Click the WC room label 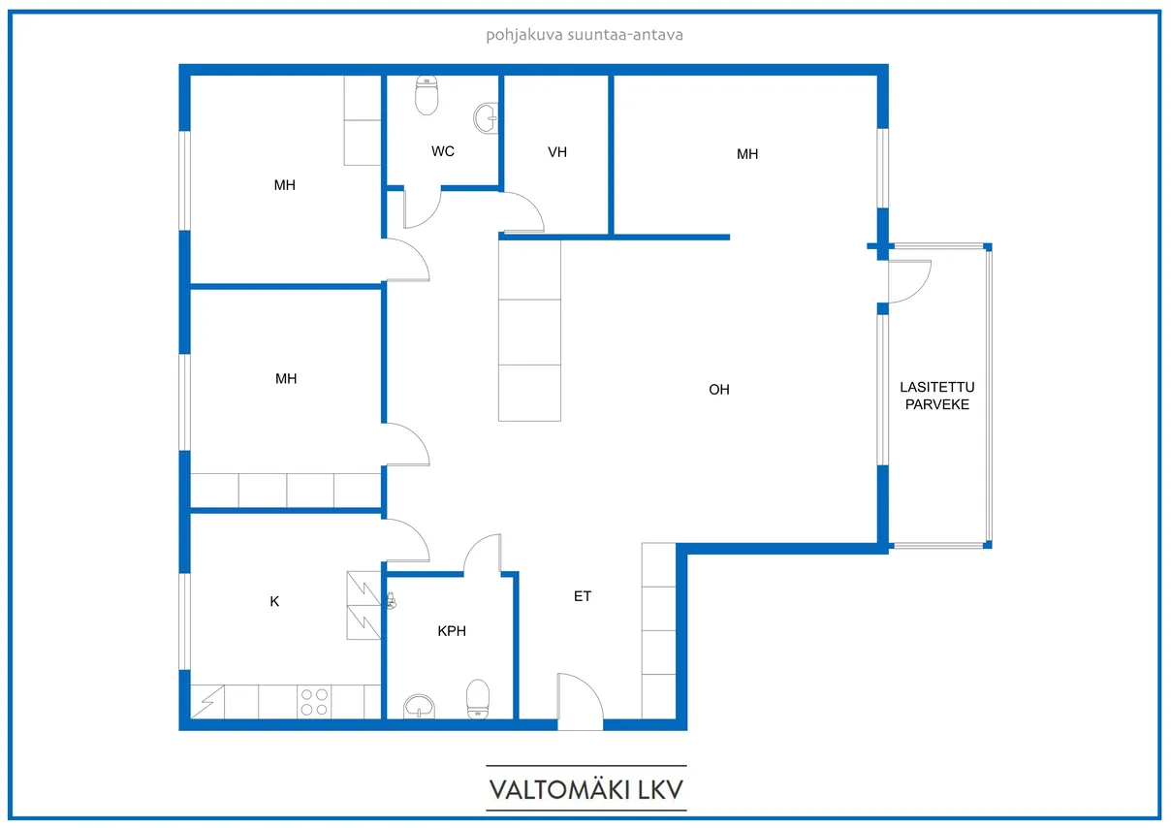coord(442,151)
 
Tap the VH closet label coord(557,152)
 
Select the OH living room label coord(719,390)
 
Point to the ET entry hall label coord(583,596)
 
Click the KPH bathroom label coord(452,631)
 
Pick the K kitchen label coord(274,602)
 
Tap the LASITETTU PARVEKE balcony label coord(936,396)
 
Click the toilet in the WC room coord(427,95)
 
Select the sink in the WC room coord(487,118)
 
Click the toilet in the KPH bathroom coord(478,699)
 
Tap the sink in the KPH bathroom coord(420,706)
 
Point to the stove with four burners coord(314,702)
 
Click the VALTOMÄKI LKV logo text coord(586,790)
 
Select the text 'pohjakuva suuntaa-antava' coord(585,35)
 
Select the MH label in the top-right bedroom coord(747,154)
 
